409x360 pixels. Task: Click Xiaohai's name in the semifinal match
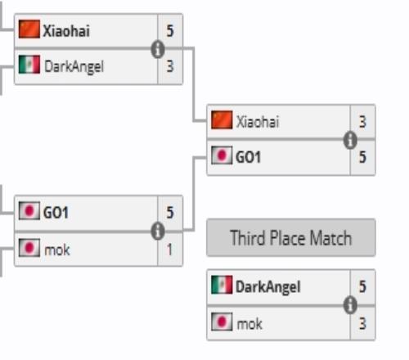(x=66, y=30)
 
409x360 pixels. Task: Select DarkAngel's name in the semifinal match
(x=74, y=66)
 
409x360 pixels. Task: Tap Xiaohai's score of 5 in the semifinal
(x=170, y=30)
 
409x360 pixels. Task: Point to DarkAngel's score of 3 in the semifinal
(x=170, y=66)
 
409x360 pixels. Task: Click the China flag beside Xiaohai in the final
(x=222, y=119)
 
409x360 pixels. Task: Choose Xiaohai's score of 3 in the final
(x=362, y=122)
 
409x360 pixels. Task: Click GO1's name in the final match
(x=248, y=157)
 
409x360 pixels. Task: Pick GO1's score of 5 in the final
(x=362, y=157)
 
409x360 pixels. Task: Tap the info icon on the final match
(x=350, y=140)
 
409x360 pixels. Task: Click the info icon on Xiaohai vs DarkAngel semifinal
(x=158, y=49)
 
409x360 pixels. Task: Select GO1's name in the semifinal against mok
(x=56, y=213)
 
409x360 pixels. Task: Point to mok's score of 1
(x=169, y=250)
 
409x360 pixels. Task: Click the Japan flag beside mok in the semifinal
(x=29, y=248)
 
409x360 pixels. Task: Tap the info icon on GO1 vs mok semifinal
(x=158, y=231)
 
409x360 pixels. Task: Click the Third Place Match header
(x=291, y=238)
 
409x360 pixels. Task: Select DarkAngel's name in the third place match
(x=268, y=287)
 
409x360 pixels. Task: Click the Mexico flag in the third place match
(x=222, y=285)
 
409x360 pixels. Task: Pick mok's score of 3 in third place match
(x=362, y=324)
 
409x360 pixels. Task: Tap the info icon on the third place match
(x=350, y=304)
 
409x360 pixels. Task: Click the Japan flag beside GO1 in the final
(x=222, y=155)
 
